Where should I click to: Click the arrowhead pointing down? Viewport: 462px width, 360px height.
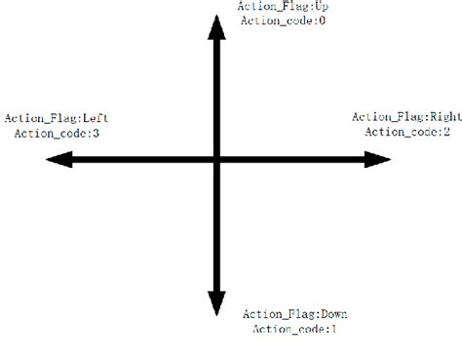(216, 303)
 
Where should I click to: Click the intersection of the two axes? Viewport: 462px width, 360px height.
(216, 159)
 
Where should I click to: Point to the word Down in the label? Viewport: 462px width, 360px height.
(333, 314)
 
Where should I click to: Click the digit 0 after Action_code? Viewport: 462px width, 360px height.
(321, 20)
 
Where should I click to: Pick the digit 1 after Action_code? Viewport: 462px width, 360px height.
(333, 329)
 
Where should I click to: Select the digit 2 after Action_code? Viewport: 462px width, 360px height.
(445, 132)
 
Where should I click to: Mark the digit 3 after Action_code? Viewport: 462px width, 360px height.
(95, 133)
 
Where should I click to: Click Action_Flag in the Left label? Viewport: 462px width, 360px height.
(34, 118)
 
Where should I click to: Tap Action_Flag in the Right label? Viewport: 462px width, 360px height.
(382, 117)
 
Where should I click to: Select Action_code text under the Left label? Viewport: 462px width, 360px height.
(52, 133)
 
